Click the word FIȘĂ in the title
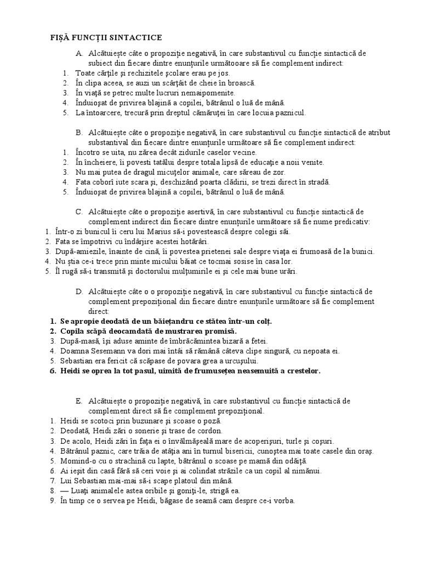[x=53, y=37]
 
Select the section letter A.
[x=79, y=53]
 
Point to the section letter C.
[x=79, y=212]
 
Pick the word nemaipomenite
[x=195, y=93]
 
